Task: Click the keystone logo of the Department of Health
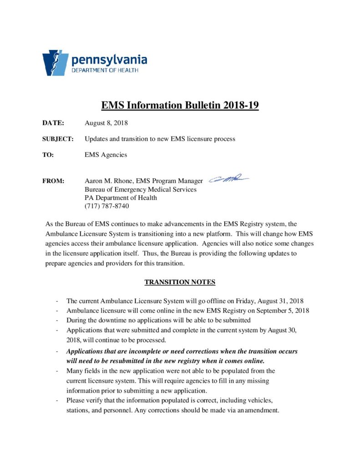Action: tap(56, 63)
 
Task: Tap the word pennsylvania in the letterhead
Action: tap(109, 60)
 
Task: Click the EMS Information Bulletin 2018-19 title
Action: tap(180, 106)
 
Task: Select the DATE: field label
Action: tap(53, 123)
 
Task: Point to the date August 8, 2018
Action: tap(106, 123)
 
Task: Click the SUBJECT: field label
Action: tap(58, 139)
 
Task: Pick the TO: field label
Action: tap(48, 155)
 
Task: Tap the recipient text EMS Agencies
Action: tap(106, 155)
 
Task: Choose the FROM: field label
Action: tap(53, 181)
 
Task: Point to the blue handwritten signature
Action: tap(228, 179)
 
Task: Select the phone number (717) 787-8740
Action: tap(106, 206)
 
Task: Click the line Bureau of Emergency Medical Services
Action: tap(140, 189)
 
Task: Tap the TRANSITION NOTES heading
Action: tap(180, 282)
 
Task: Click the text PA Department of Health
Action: tap(121, 198)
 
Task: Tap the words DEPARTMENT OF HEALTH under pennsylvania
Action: tap(105, 71)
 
